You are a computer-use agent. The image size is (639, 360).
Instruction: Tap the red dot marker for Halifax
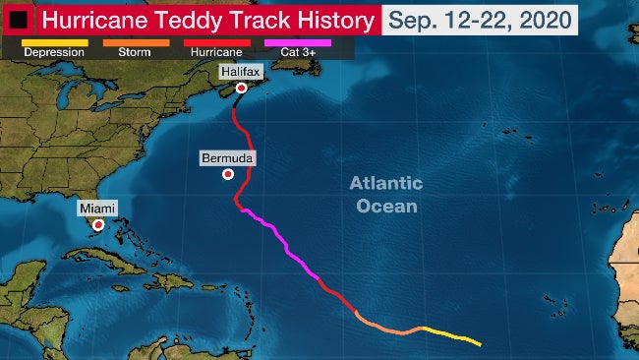tap(242, 88)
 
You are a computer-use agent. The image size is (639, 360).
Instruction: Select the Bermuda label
tap(228, 157)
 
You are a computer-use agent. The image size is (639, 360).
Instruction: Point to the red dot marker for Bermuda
tap(228, 174)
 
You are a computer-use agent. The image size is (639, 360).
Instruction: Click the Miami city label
tap(97, 209)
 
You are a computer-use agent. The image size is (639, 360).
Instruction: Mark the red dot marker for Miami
tap(98, 224)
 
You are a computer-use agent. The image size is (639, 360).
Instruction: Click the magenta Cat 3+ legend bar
tap(298, 42)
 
